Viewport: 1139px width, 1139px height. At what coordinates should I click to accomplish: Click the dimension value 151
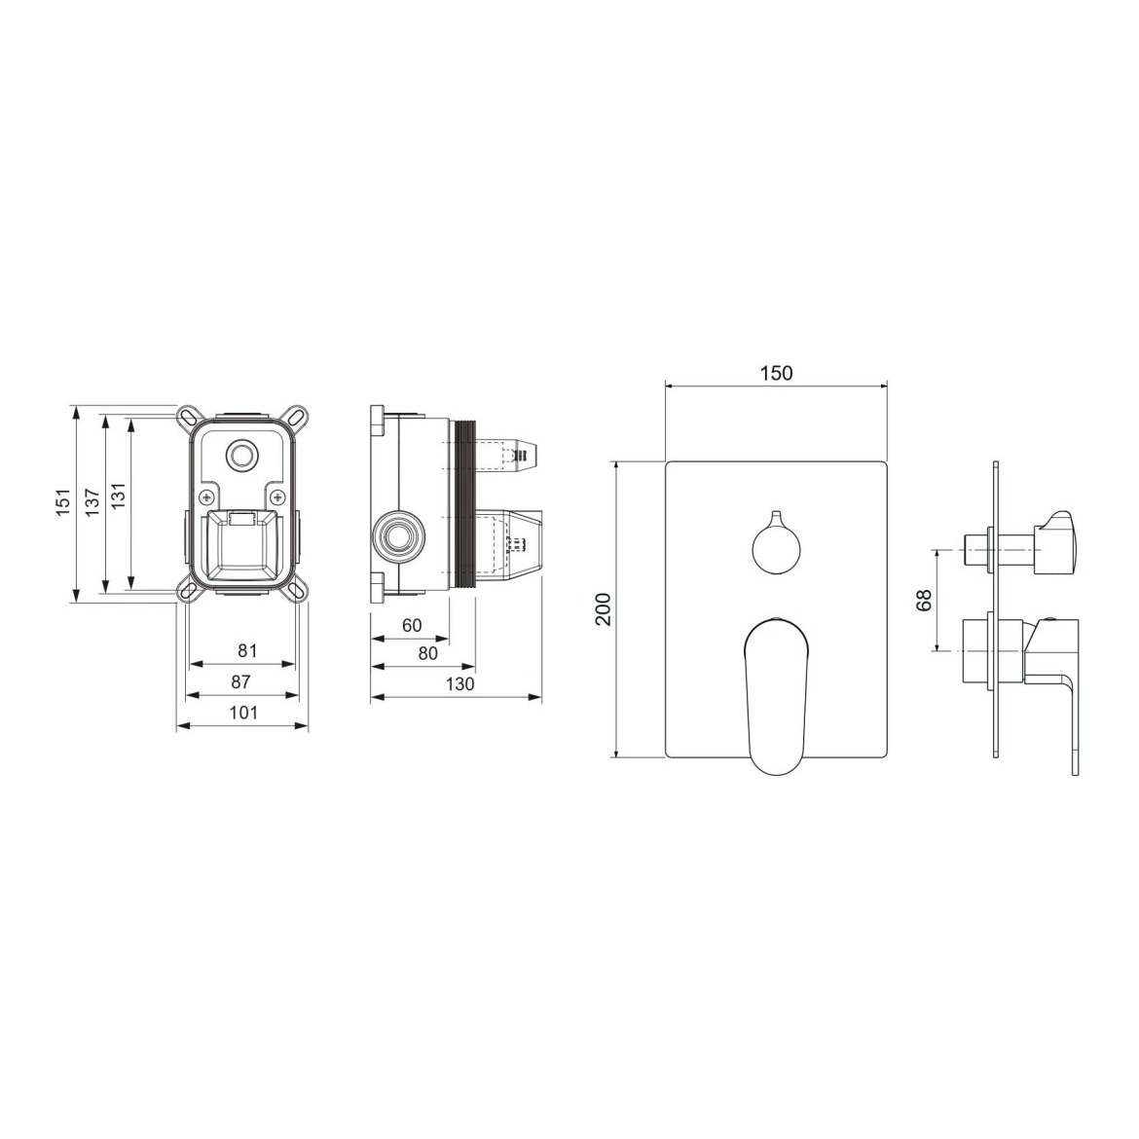pyautogui.click(x=64, y=502)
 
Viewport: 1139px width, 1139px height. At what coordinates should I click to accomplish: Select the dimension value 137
pyautogui.click(x=92, y=502)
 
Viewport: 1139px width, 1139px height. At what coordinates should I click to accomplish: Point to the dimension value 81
pyautogui.click(x=247, y=650)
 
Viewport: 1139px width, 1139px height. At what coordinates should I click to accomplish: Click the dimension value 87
pyautogui.click(x=240, y=681)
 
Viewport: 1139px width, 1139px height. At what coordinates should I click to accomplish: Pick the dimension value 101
pyautogui.click(x=243, y=713)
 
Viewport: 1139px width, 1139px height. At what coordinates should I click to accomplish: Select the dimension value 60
pyautogui.click(x=412, y=625)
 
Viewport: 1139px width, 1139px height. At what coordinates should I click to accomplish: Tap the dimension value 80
pyautogui.click(x=428, y=653)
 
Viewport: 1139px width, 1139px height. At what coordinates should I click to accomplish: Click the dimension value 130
pyautogui.click(x=459, y=683)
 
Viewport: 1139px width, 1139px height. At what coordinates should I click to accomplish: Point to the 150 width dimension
pyautogui.click(x=777, y=374)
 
